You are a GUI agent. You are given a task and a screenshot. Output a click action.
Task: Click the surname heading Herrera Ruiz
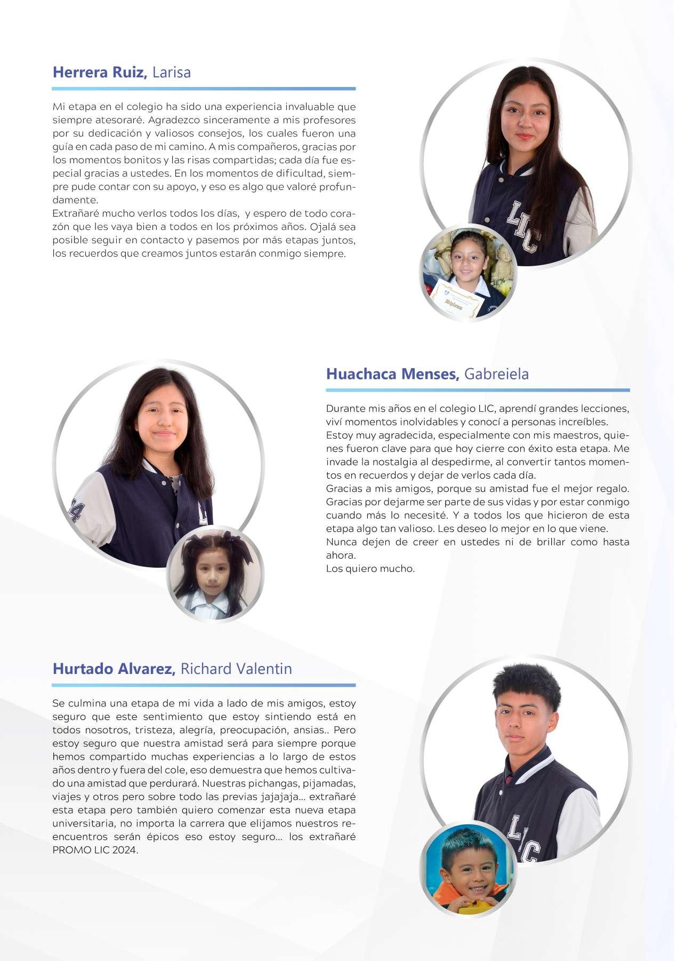coord(99,73)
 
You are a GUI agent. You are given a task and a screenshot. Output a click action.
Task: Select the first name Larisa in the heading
coord(172,73)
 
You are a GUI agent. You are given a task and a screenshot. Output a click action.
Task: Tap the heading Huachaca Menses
coord(392,374)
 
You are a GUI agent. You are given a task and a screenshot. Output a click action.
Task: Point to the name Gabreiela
coord(496,374)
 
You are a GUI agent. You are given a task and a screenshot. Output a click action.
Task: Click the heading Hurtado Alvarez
coord(114,669)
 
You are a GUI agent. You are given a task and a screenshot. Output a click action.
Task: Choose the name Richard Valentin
coord(236,669)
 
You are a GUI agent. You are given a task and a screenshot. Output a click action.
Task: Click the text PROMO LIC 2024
coord(95,851)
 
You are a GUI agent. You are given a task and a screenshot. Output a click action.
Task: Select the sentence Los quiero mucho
coord(370,569)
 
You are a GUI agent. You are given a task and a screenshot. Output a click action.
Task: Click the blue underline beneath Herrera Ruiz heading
coord(204,89)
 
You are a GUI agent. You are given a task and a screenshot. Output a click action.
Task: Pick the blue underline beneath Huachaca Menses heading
coord(478,390)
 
